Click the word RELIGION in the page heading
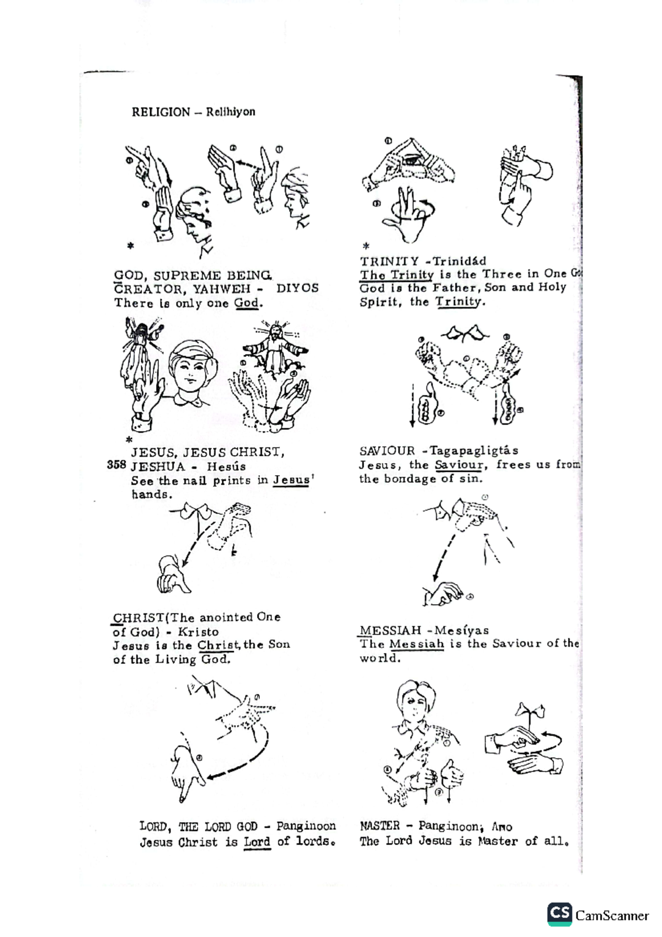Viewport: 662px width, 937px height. pyautogui.click(x=161, y=112)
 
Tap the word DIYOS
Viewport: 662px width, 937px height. pyautogui.click(x=297, y=289)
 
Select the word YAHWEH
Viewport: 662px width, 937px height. pyautogui.click(x=221, y=289)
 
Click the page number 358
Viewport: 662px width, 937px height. pyautogui.click(x=116, y=465)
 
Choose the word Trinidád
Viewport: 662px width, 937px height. pyautogui.click(x=460, y=261)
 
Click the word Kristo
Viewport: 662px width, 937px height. pyautogui.click(x=198, y=632)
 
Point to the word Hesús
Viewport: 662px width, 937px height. pyautogui.click(x=226, y=466)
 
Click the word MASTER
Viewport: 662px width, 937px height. pyautogui.click(x=380, y=826)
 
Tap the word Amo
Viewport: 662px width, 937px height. pyautogui.click(x=502, y=827)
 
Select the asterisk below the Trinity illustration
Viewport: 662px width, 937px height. pyautogui.click(x=366, y=247)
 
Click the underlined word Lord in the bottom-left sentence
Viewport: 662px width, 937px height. pyautogui.click(x=257, y=843)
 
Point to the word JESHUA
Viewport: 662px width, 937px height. pyautogui.click(x=158, y=466)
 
